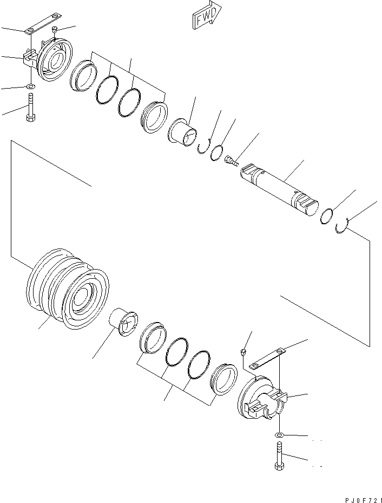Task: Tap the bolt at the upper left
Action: click(x=30, y=108)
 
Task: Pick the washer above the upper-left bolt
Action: click(x=30, y=86)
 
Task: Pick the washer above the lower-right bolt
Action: click(x=279, y=435)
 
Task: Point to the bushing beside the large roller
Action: click(x=124, y=323)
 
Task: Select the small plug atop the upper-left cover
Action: click(x=56, y=30)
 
